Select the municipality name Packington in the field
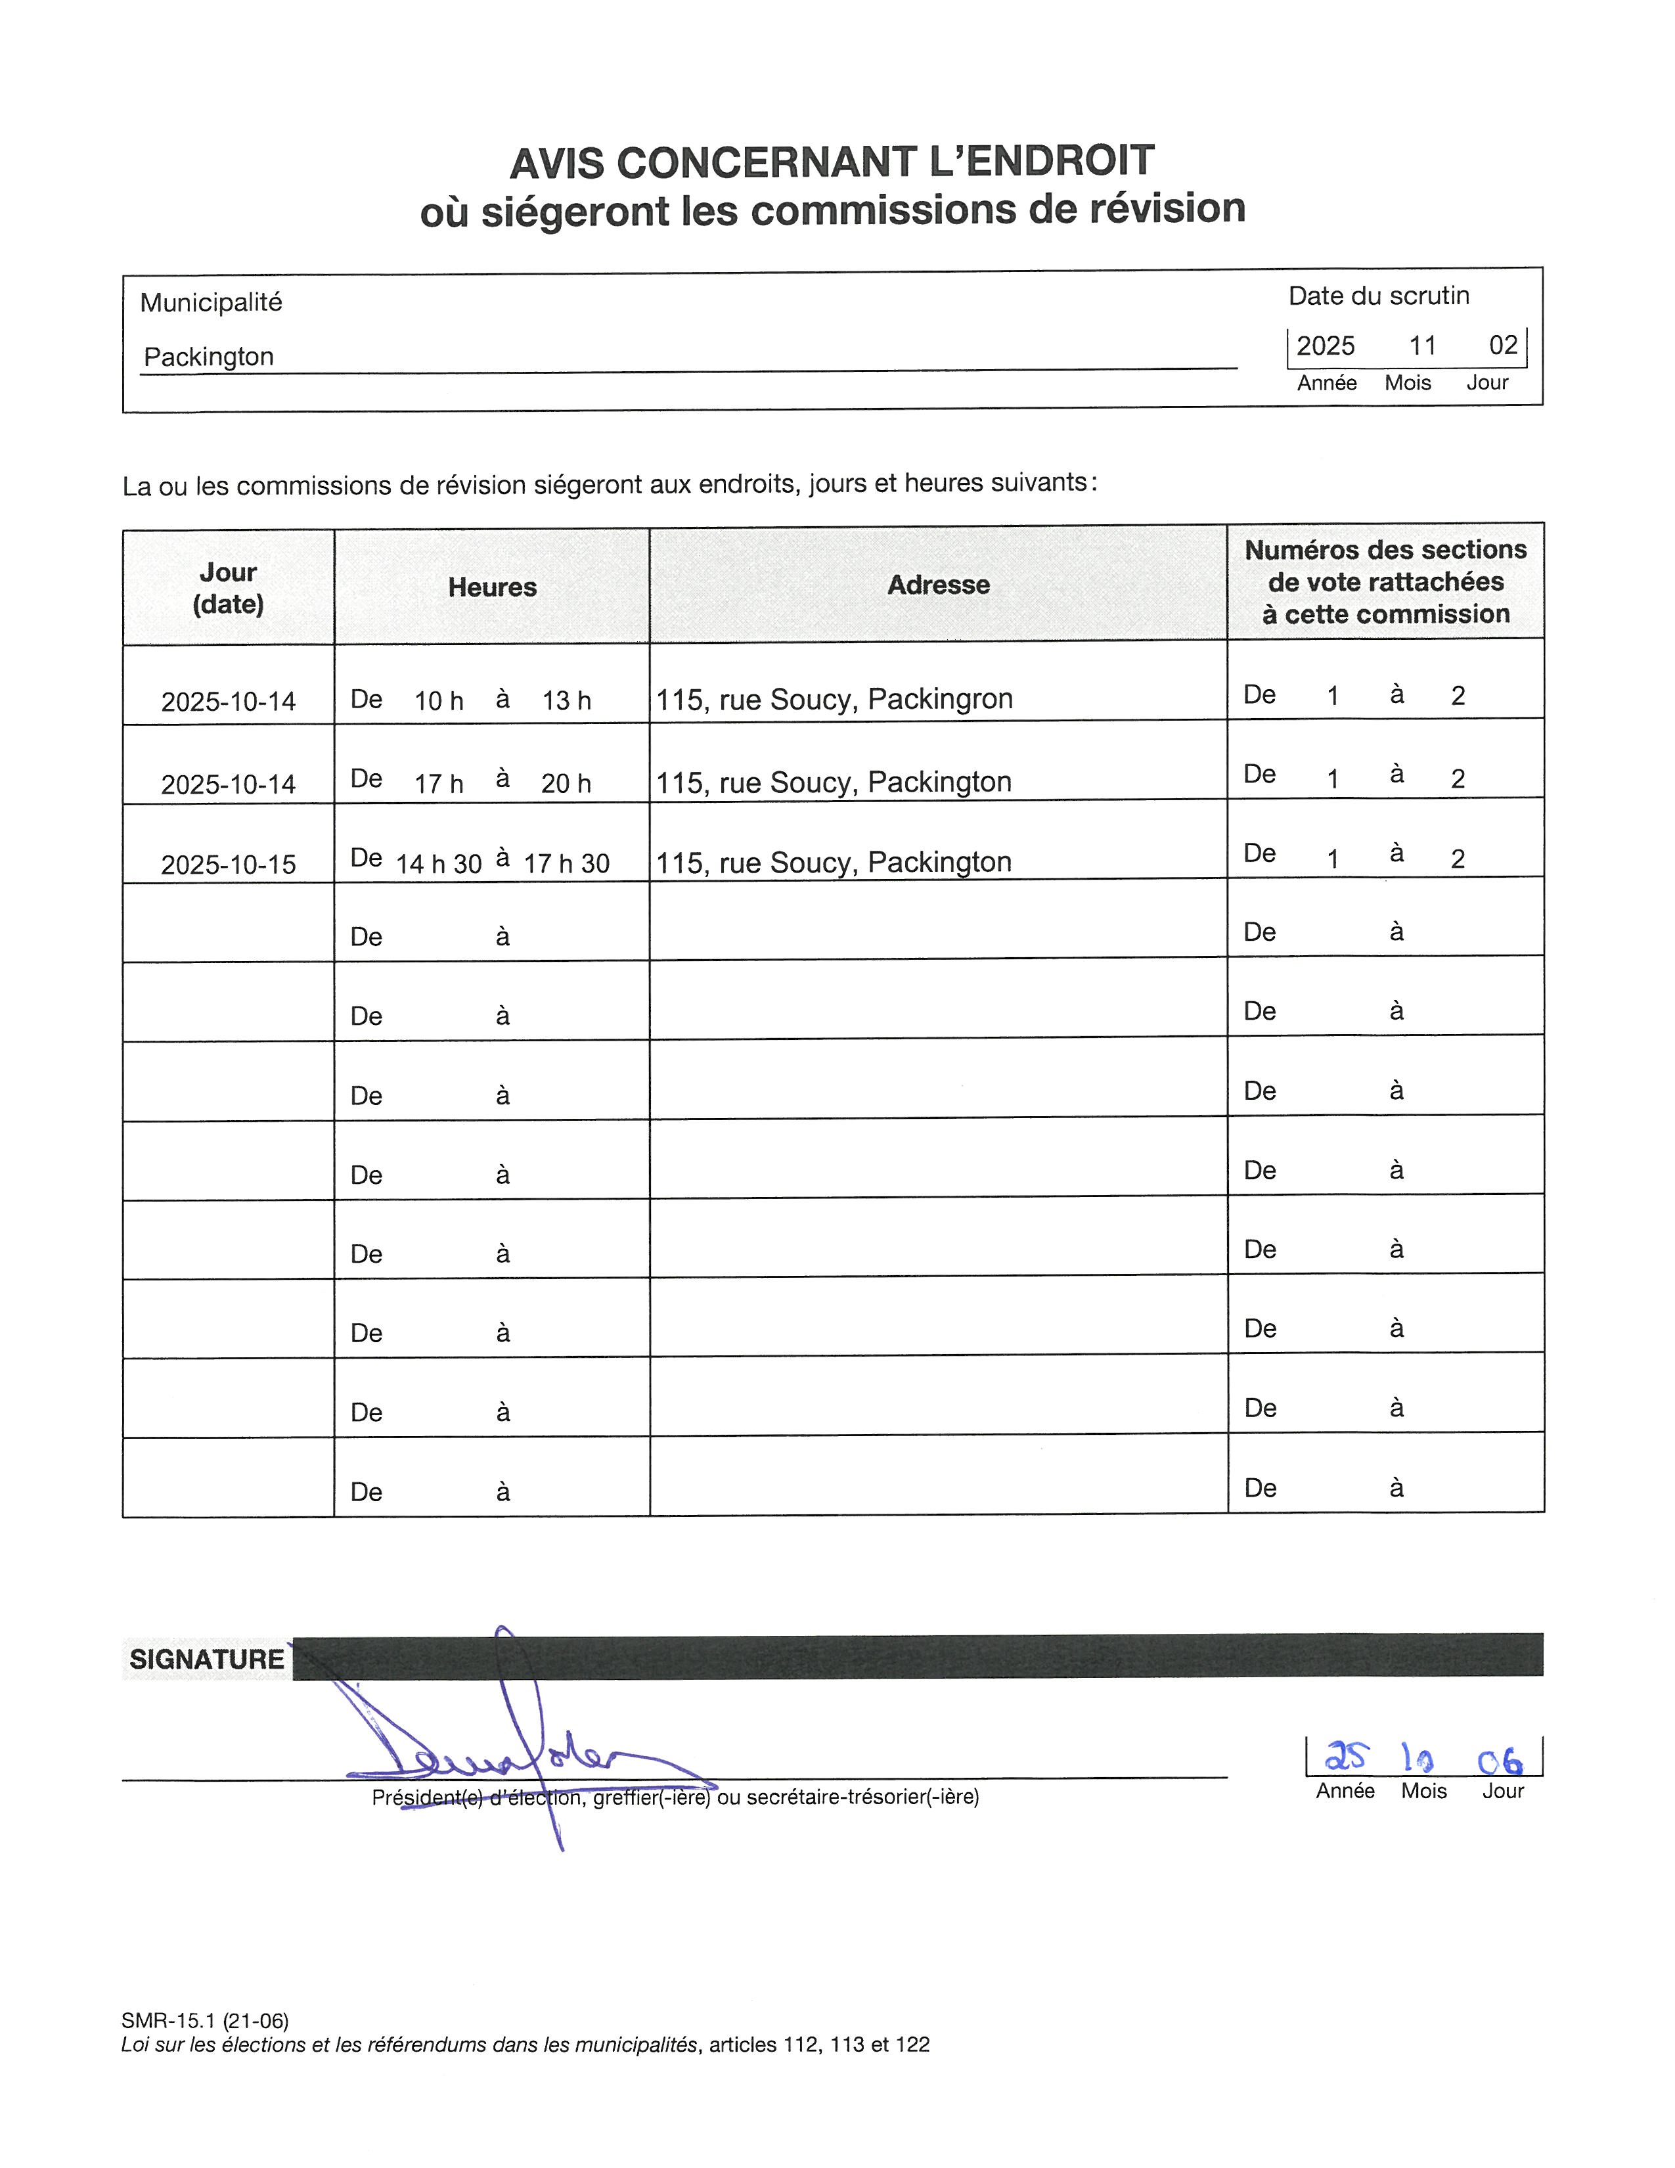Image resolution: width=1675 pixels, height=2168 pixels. pos(208,356)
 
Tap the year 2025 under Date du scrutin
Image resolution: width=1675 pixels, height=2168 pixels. pos(1325,346)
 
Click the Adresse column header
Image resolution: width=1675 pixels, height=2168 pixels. pos(938,585)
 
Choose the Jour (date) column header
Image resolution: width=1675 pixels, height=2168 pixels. pos(228,588)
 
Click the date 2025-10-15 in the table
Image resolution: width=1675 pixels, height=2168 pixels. pos(228,865)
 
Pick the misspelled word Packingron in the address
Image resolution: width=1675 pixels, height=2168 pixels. pos(940,699)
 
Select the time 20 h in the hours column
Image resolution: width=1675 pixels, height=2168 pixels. pos(566,783)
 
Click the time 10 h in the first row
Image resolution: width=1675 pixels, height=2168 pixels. pos(439,701)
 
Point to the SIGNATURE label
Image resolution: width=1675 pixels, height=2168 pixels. pos(206,1659)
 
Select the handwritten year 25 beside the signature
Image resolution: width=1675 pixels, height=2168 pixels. pos(1345,1758)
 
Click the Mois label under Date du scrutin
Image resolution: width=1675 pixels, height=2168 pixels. pos(1407,383)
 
